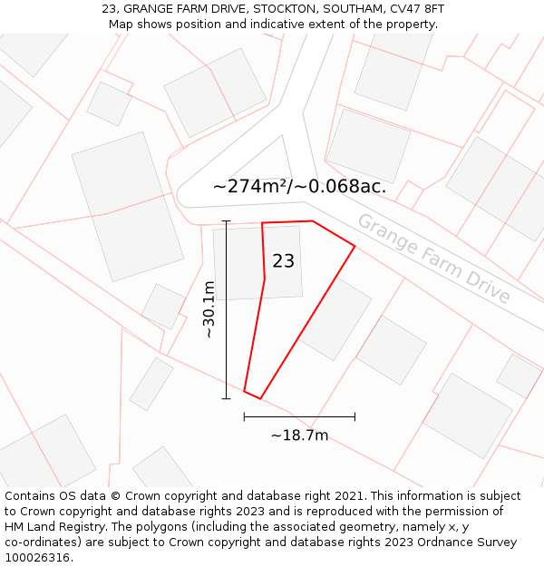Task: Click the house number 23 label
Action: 283,261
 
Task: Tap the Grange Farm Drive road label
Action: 433,259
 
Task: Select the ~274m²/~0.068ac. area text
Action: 299,187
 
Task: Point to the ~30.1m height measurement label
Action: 209,309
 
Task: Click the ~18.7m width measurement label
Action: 299,435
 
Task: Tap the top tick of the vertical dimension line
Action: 227,221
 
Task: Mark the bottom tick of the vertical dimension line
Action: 227,398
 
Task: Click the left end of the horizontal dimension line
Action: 244,417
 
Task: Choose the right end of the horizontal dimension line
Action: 355,417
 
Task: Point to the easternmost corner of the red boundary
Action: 355,246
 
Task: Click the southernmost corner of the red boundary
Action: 260,398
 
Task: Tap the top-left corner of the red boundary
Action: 262,223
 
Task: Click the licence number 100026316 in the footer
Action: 37,558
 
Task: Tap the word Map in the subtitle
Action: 121,24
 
